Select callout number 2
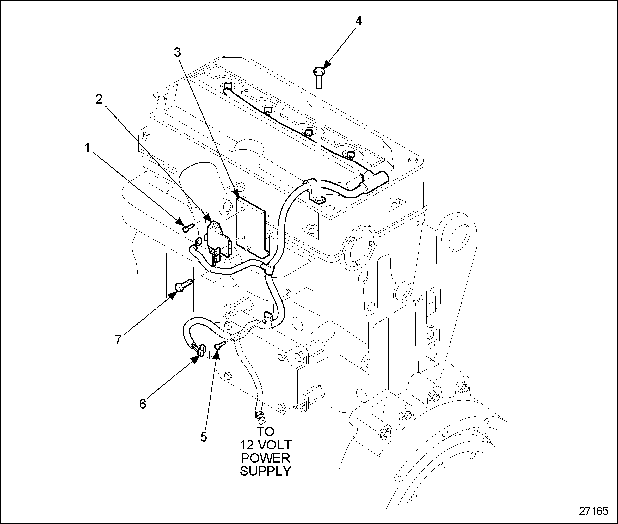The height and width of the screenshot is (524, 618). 99,100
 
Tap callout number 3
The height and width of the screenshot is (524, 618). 178,52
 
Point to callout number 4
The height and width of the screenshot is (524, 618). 358,21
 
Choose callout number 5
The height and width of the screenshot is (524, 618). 204,437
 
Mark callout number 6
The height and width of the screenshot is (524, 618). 143,404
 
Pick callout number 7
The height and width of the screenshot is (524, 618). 118,340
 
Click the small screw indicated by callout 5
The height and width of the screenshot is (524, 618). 220,345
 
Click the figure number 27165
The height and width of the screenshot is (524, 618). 593,511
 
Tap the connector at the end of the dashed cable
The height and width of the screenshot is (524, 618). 260,419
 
